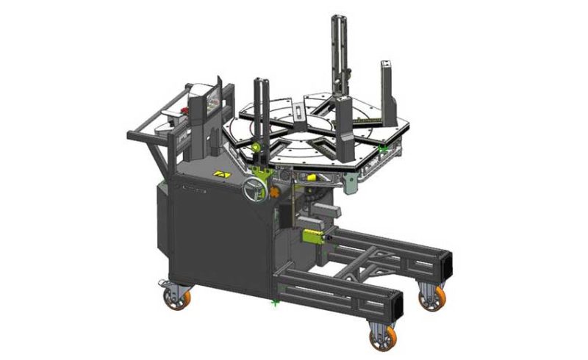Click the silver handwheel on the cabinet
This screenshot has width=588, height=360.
[253, 190]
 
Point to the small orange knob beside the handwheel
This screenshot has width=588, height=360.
[275, 193]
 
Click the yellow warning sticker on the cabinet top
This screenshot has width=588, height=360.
[220, 175]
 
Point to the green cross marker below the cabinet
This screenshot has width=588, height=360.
[275, 302]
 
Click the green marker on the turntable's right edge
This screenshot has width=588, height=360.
[382, 149]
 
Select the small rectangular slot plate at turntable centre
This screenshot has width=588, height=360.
[296, 112]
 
